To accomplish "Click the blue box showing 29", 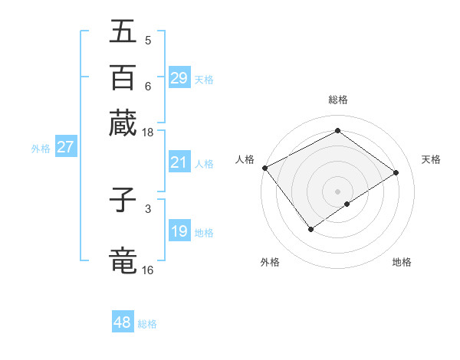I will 179,78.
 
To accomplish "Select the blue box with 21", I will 179,162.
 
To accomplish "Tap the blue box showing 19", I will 179,231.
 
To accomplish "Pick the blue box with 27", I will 65,147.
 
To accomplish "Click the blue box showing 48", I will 123,322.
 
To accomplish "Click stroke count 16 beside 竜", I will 147,270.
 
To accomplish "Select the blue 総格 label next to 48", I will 147,324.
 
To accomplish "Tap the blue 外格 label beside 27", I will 40,149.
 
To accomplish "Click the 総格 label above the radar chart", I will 337,100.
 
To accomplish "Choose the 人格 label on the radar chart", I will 245,159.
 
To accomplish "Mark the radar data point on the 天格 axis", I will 396,172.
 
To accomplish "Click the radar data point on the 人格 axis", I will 264,168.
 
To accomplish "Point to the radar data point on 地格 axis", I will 347,204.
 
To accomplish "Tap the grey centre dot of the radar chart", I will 337,191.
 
